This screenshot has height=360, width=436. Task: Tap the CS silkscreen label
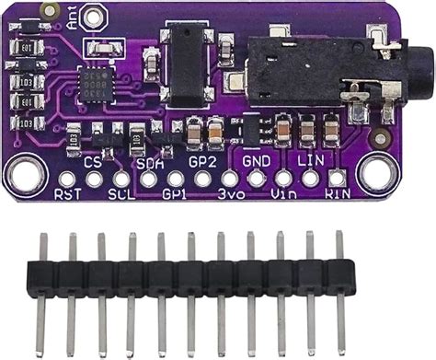pyautogui.click(x=93, y=162)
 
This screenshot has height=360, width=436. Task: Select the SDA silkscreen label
pyautogui.click(x=149, y=162)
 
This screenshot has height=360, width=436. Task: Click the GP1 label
pyautogui.click(x=175, y=194)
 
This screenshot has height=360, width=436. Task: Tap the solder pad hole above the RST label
pyautogui.click(x=67, y=178)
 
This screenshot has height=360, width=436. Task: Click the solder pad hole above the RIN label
pyautogui.click(x=338, y=178)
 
